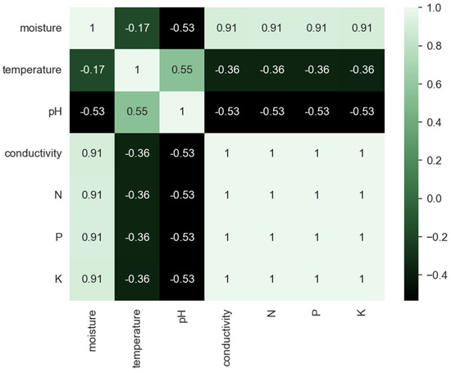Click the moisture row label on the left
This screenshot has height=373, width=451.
pyautogui.click(x=34, y=29)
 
